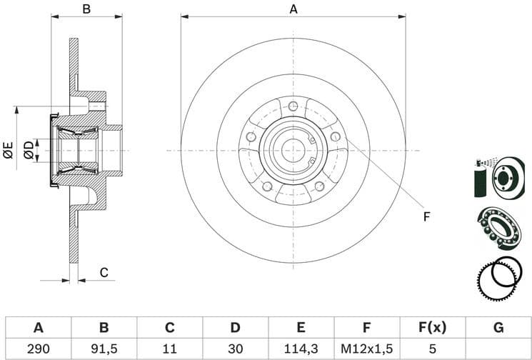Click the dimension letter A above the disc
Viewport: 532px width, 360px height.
(293, 9)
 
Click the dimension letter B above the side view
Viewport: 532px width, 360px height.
(86, 9)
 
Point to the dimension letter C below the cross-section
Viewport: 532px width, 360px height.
(104, 272)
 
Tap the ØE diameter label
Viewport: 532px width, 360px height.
(9, 150)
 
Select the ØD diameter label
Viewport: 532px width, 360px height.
(29, 150)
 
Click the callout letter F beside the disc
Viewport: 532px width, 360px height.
(426, 216)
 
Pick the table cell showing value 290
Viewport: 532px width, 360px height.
(39, 348)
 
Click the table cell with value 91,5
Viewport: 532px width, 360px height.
(104, 348)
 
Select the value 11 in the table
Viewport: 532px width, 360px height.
(169, 348)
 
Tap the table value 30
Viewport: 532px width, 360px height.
(235, 348)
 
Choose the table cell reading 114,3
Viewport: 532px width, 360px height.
(301, 348)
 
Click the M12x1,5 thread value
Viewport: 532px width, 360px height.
(366, 348)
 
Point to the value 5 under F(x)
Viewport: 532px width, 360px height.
(432, 348)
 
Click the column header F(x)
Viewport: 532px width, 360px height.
(432, 328)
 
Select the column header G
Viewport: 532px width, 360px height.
(498, 328)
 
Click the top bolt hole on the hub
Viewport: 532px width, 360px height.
(293, 106)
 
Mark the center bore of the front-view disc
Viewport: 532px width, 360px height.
(293, 150)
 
